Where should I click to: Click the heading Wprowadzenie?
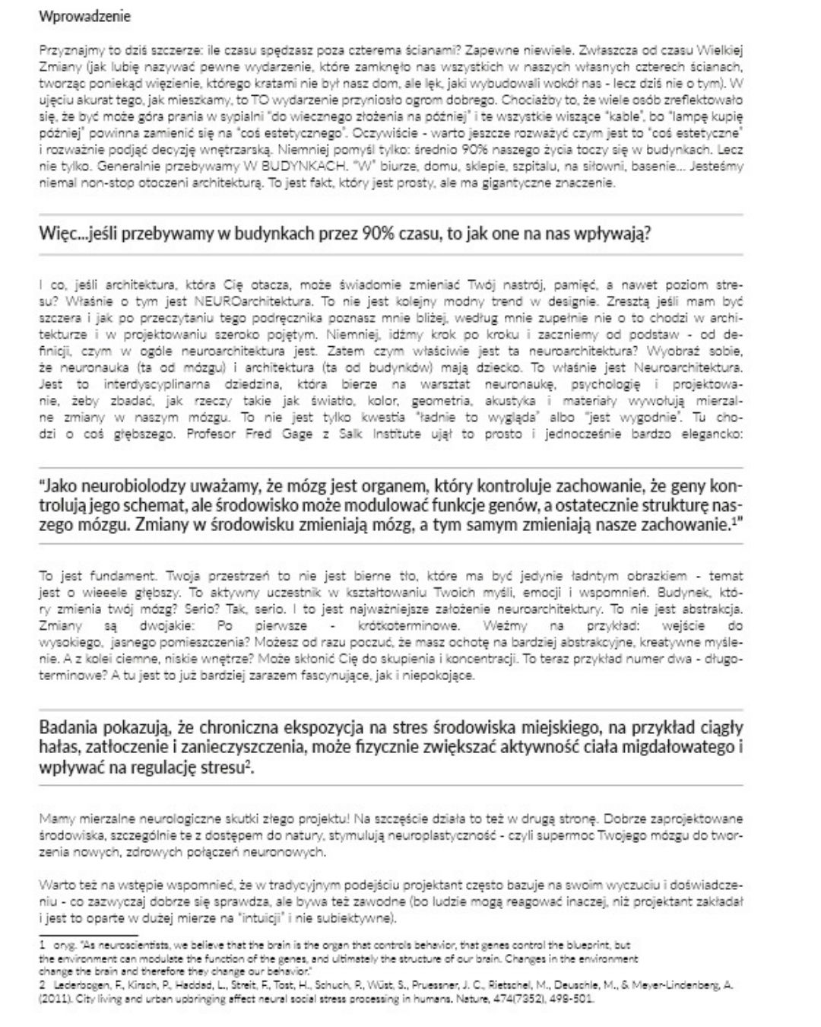84,16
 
